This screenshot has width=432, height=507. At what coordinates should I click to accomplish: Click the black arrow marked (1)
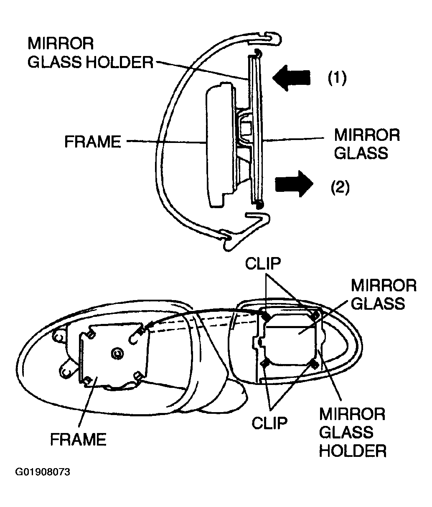[x=291, y=78]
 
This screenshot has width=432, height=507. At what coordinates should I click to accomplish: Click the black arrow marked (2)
[x=294, y=184]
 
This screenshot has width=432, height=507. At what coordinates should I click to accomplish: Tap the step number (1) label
[x=337, y=78]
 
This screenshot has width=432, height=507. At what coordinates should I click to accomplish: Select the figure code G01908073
[x=43, y=471]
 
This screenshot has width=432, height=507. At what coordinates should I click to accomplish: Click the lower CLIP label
[x=269, y=423]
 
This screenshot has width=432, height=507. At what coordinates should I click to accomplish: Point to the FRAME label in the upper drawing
[x=93, y=142]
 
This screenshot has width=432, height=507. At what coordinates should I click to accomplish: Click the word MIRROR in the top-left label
[x=61, y=43]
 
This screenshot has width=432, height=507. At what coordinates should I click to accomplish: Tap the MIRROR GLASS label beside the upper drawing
[x=367, y=144]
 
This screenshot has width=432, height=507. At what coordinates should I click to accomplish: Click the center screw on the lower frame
[x=118, y=354]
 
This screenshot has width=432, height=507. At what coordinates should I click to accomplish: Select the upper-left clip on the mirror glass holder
[x=266, y=316]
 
